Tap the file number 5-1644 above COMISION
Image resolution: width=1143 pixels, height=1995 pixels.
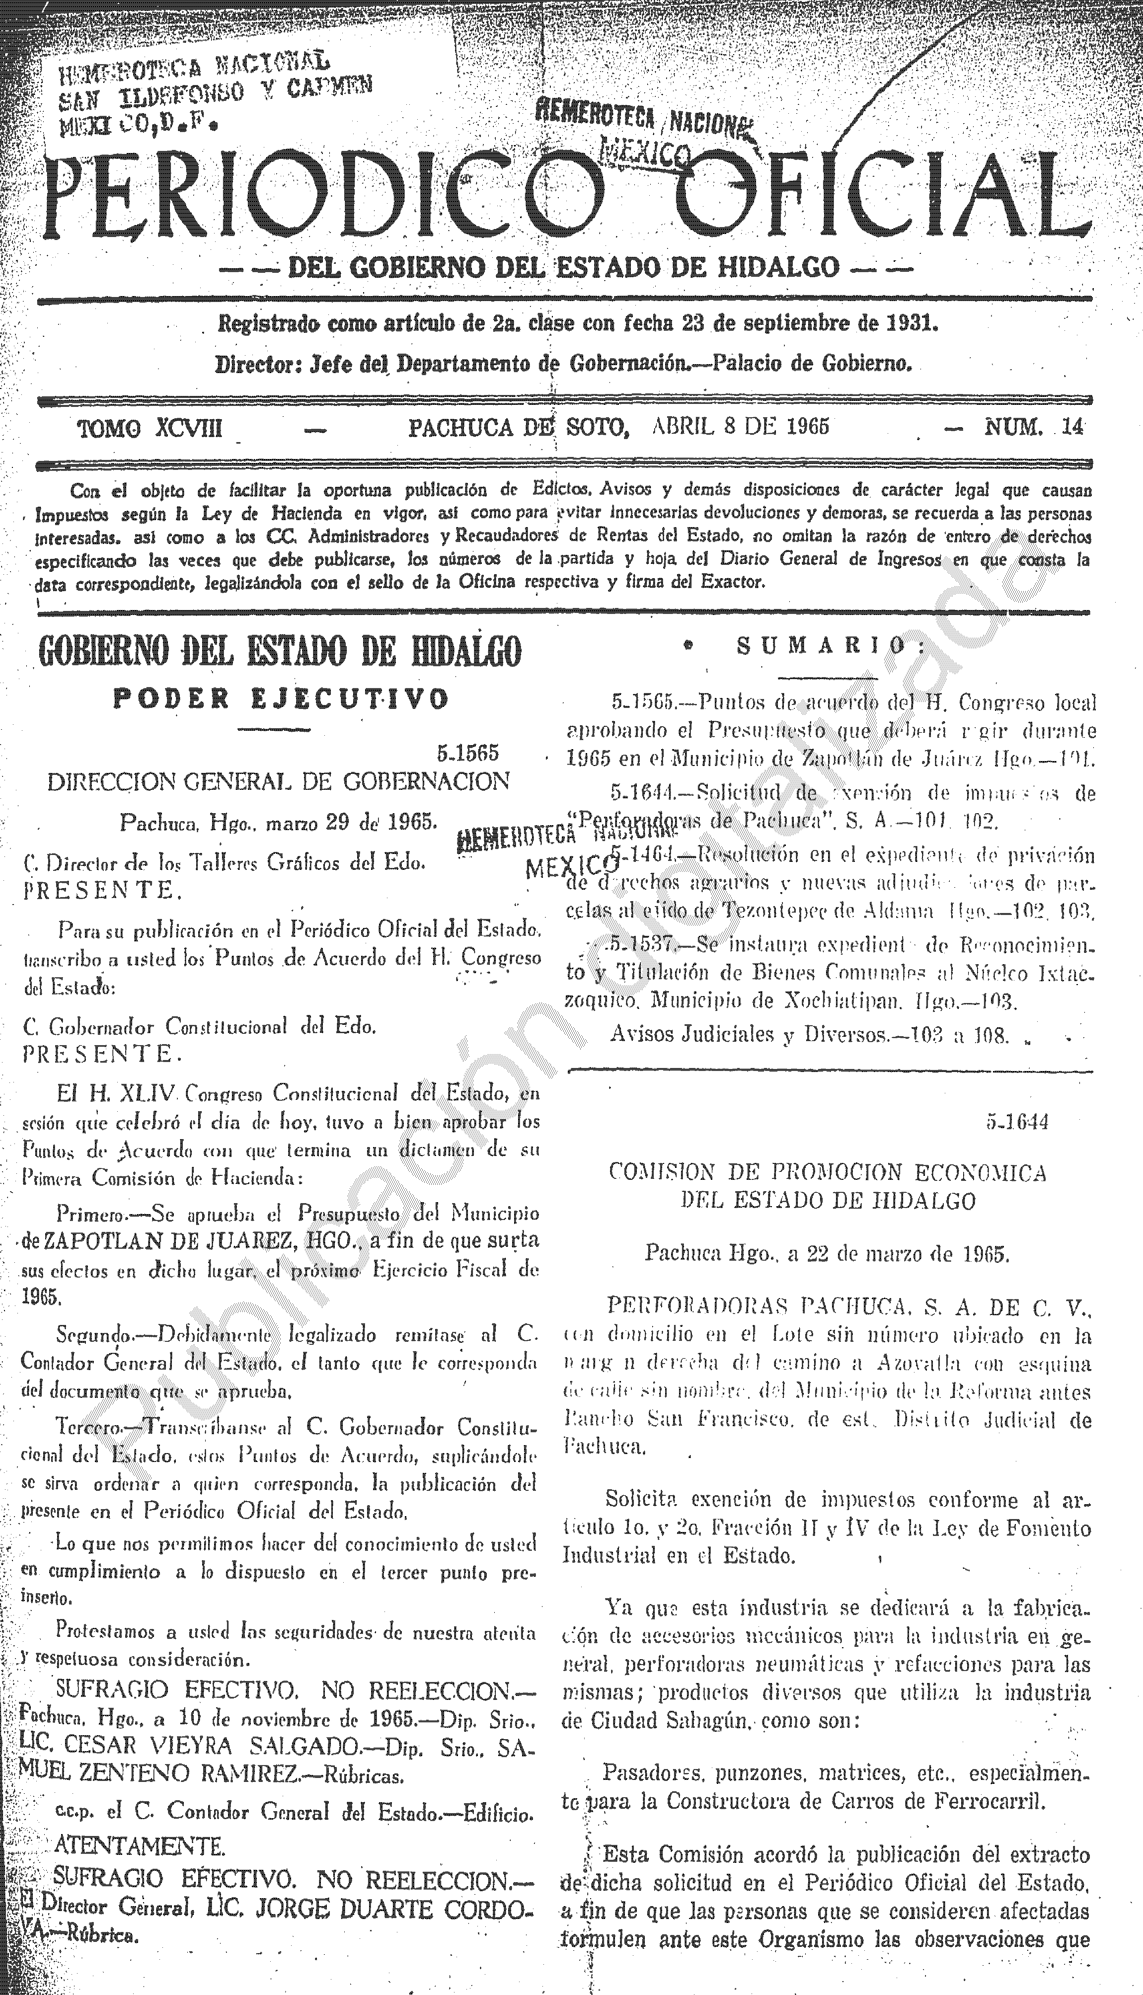click(1017, 1122)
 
